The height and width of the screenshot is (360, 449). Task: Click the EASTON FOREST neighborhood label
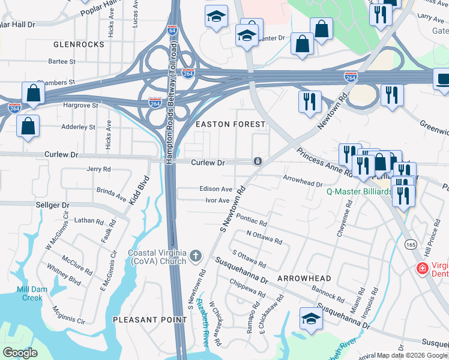pos(231,124)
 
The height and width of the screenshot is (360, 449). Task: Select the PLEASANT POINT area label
pos(150,320)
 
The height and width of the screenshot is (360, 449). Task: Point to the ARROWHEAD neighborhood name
pos(304,279)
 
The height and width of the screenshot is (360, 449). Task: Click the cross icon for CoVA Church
pos(195,257)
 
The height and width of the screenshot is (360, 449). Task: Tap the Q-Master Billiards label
pos(358,192)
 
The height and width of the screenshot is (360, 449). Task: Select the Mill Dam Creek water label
pos(21,293)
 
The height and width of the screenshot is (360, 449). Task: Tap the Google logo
pos(20,353)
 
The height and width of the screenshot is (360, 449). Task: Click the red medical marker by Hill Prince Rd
pos(423,268)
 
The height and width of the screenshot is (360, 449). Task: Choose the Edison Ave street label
pos(215,189)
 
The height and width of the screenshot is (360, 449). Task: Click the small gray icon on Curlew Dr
pos(257,161)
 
